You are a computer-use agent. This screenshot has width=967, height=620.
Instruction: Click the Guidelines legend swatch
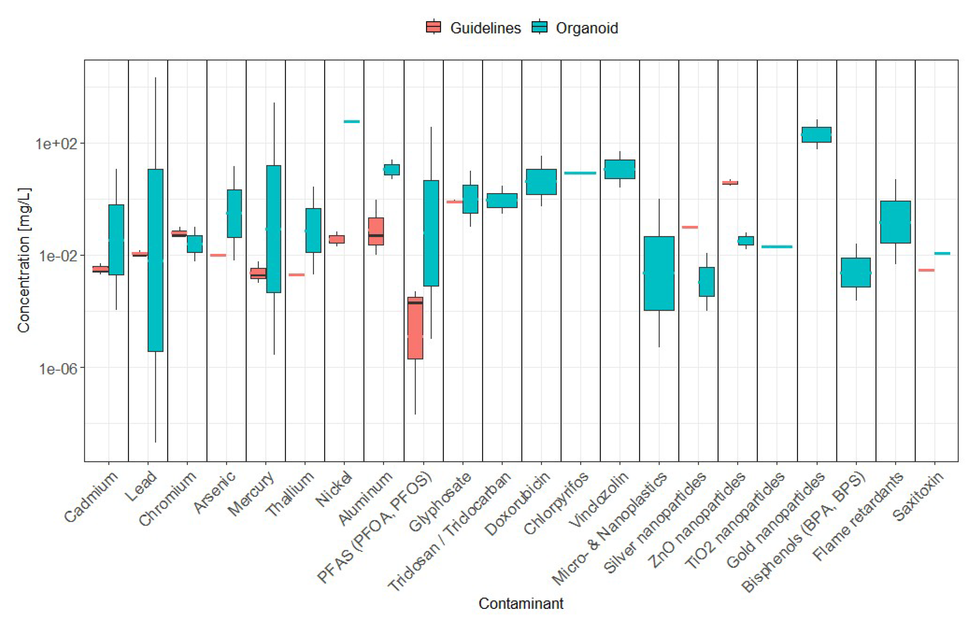(x=433, y=27)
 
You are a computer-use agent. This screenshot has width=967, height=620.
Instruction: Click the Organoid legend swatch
(x=540, y=27)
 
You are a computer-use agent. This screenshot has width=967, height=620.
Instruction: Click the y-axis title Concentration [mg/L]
(x=24, y=260)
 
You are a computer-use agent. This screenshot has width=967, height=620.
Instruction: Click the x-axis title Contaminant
(x=521, y=604)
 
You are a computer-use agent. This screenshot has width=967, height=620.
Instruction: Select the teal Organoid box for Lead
(x=156, y=260)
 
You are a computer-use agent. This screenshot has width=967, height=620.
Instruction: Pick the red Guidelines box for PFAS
(x=415, y=328)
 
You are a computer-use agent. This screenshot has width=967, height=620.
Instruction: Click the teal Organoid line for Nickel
(x=352, y=121)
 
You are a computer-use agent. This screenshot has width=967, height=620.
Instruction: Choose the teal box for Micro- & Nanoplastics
(x=659, y=273)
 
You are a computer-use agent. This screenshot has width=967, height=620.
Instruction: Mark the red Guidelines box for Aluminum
(x=376, y=231)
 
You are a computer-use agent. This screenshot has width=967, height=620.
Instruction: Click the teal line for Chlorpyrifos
(x=580, y=173)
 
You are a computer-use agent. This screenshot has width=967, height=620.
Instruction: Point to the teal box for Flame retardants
(x=895, y=222)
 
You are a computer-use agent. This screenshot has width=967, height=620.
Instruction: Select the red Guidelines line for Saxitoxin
(x=926, y=270)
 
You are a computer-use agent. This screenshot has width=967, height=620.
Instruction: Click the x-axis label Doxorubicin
(x=518, y=503)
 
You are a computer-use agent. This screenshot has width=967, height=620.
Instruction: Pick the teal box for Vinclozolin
(x=620, y=169)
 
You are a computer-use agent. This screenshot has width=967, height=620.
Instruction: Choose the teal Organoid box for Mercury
(x=274, y=229)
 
